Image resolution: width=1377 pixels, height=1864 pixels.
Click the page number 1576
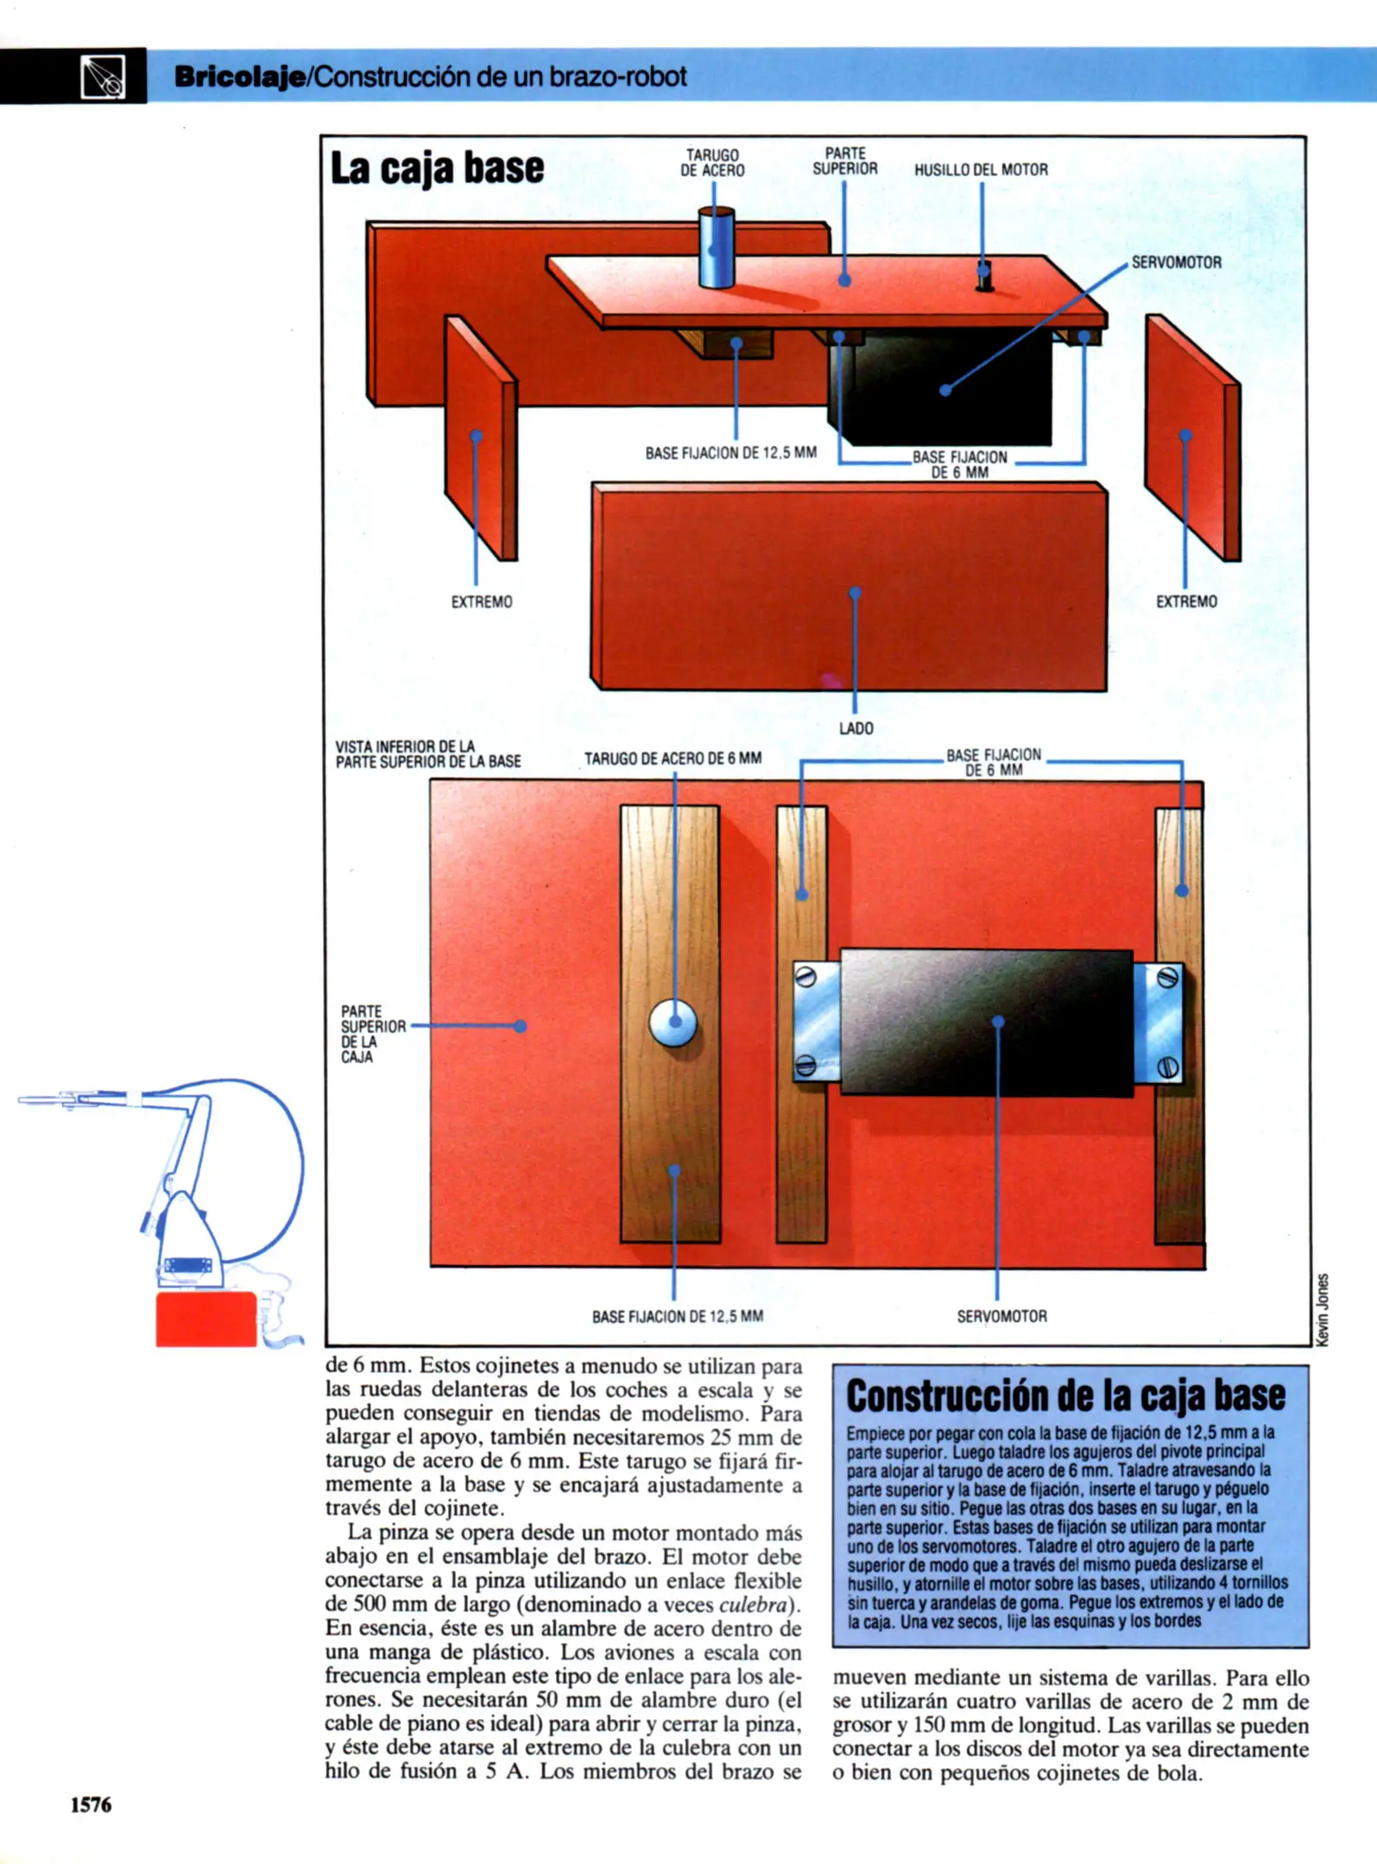point(91,1804)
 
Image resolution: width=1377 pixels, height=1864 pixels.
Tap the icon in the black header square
point(103,77)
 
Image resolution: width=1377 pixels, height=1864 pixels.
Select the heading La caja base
point(437,167)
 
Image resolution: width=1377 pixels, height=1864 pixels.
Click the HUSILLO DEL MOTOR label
point(981,170)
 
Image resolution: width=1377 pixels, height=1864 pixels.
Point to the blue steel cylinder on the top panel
point(716,248)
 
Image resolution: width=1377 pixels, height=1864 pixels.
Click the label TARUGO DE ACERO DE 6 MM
point(673,759)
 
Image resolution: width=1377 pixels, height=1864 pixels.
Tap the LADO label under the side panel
point(856,728)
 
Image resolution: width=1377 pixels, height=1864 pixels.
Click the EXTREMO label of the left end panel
point(482,601)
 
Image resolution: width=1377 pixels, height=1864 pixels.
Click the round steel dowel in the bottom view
point(673,1023)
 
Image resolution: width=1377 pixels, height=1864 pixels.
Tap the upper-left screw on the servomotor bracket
point(805,978)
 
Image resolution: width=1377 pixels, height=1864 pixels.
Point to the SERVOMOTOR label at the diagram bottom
point(1001,1316)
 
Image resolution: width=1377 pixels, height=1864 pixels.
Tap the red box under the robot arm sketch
point(206,1319)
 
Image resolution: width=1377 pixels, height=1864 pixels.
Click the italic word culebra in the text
point(753,1604)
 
